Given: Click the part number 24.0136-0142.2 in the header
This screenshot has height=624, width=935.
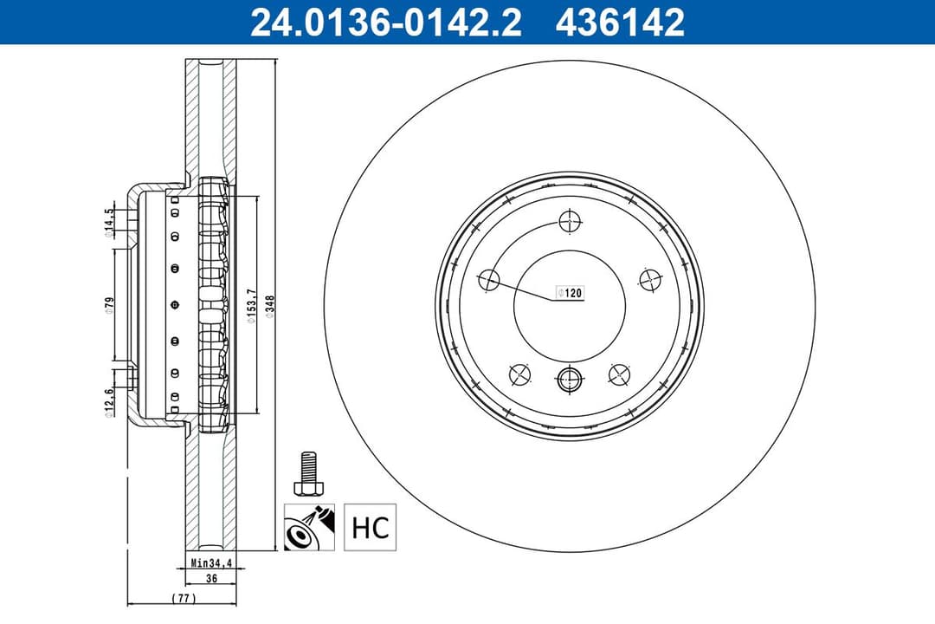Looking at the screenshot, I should pos(385,22).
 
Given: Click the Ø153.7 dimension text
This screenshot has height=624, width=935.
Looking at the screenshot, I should pos(250,307).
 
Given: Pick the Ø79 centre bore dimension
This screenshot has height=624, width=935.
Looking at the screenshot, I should pos(110,306).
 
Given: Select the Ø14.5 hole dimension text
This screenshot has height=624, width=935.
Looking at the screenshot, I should pos(109,222).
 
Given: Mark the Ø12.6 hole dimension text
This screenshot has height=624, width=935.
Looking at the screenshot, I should pos(109,401).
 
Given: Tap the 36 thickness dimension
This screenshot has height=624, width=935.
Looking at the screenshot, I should pos(210,579).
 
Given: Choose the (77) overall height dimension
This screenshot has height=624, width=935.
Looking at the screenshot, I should pos(183,598).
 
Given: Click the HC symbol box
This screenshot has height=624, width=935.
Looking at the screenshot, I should pos(370,527).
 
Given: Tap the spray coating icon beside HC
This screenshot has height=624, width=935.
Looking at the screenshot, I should pos(305,527).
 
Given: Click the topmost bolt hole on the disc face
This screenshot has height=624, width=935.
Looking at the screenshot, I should pos(568,221).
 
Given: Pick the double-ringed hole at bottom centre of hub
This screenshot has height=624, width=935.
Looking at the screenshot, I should pos(568,379).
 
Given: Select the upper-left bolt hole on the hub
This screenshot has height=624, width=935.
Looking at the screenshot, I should pos(489,279).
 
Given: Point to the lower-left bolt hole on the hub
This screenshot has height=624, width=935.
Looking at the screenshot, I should pos(519,374).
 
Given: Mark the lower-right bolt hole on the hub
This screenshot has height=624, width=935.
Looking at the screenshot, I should pos(619,374).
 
